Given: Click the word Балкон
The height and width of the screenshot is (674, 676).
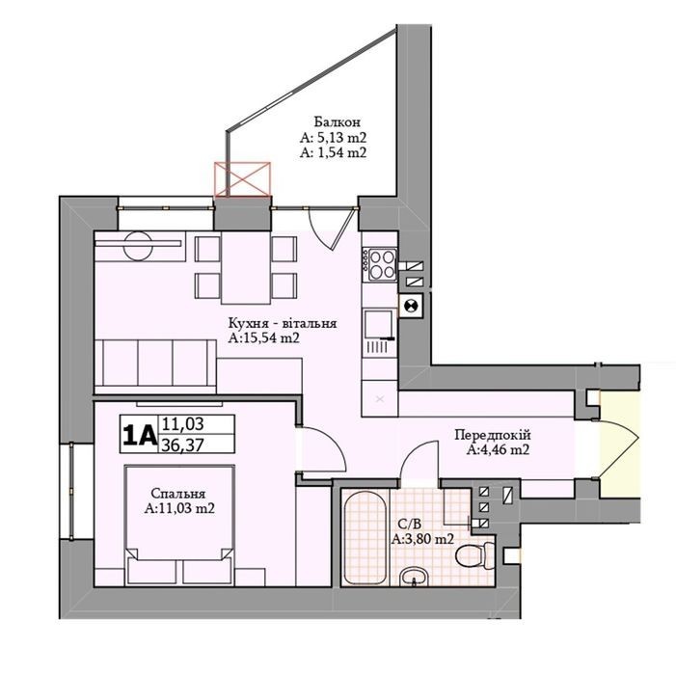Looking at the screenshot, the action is click(x=337, y=122).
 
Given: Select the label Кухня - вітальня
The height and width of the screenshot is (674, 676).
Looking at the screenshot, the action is click(x=283, y=323).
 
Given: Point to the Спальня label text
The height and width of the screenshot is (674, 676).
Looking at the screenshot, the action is click(x=178, y=494).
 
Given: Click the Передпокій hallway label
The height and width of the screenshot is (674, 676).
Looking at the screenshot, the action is click(x=493, y=435).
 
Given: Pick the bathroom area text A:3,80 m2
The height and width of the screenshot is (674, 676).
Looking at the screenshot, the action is click(x=422, y=539).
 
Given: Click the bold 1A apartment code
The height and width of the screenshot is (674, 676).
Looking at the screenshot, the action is click(x=139, y=435).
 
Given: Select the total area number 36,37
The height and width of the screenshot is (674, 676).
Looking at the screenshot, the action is click(x=182, y=445).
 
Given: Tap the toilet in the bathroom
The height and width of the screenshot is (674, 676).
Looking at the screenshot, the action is click(x=476, y=555).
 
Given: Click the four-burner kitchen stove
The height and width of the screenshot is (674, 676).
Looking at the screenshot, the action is click(x=380, y=264).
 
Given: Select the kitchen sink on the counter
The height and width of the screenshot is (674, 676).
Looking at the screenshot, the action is click(x=379, y=324).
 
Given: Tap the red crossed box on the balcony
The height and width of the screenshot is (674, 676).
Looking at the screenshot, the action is click(x=243, y=178).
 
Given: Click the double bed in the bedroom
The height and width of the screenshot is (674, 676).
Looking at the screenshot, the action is click(x=179, y=525).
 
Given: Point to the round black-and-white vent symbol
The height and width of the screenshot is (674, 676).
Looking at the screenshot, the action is click(x=411, y=306).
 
